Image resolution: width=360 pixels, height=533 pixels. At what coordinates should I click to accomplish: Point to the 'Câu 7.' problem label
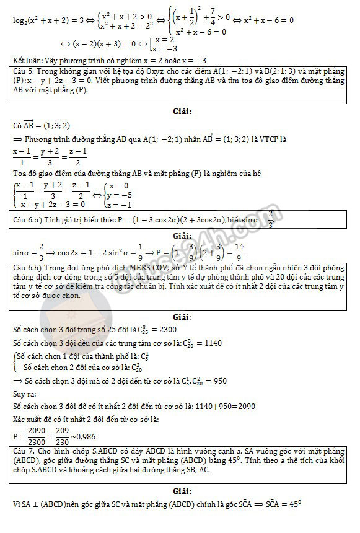(x=24, y=453)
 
